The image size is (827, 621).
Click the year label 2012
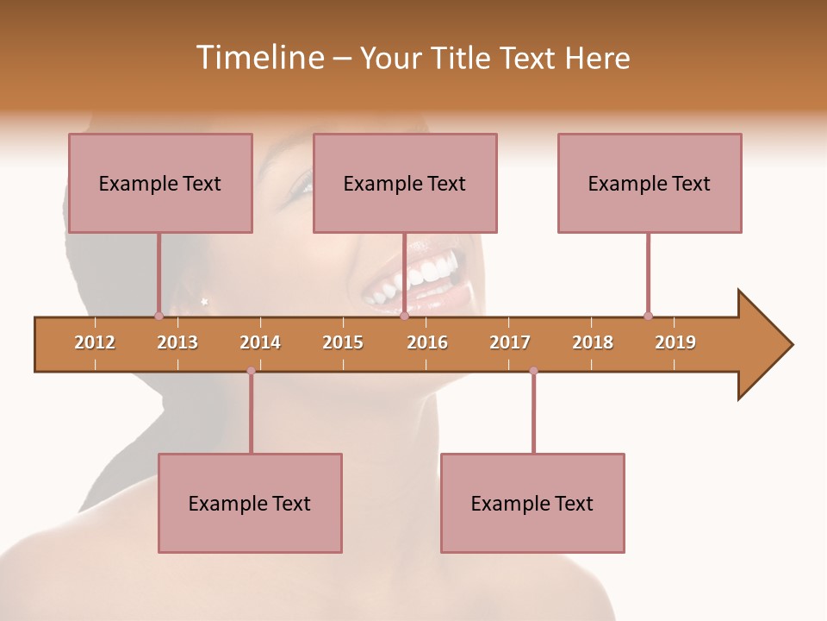pyautogui.click(x=95, y=342)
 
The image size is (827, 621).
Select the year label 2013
pyautogui.click(x=177, y=342)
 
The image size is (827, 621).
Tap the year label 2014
pyautogui.click(x=260, y=342)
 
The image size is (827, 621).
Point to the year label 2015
pyautogui.click(x=343, y=342)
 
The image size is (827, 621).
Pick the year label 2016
pyautogui.click(x=427, y=342)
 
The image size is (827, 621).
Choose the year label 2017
pyautogui.click(x=510, y=342)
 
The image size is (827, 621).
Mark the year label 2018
pyautogui.click(x=593, y=342)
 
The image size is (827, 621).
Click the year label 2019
pyautogui.click(x=675, y=342)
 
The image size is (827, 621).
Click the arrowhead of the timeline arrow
pyautogui.click(x=763, y=345)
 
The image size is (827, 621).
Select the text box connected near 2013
pyautogui.click(x=160, y=183)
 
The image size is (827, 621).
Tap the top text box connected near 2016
pyautogui.click(x=405, y=183)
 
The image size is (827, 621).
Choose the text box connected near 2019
pyautogui.click(x=650, y=183)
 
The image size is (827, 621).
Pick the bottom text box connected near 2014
pyautogui.click(x=250, y=503)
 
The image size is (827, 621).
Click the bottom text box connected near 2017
pyautogui.click(x=532, y=503)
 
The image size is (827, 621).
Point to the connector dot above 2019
pyautogui.click(x=648, y=316)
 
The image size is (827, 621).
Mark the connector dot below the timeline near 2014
pyautogui.click(x=251, y=371)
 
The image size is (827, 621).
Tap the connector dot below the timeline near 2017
pyautogui.click(x=533, y=371)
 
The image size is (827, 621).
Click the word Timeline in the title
pyautogui.click(x=258, y=58)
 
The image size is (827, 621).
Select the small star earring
pyautogui.click(x=204, y=301)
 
